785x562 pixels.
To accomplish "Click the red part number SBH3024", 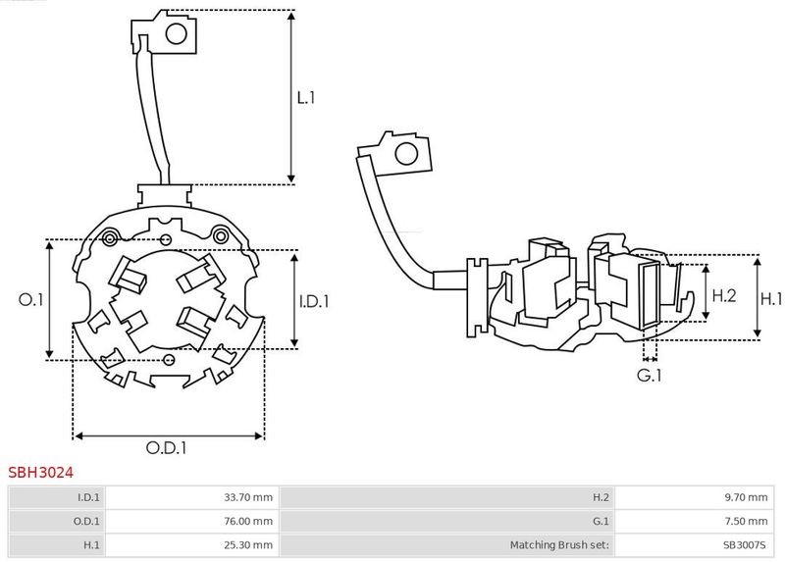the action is tap(40, 472).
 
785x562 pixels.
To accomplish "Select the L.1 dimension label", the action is tap(306, 97).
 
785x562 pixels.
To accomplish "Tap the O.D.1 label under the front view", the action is tap(166, 447).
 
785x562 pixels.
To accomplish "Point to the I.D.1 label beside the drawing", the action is tap(314, 301).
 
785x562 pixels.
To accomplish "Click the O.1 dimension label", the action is tap(31, 299).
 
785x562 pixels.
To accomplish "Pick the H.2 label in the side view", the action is tap(724, 295).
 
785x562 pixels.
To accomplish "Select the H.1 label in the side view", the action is tap(771, 299).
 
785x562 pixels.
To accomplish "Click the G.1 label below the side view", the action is tap(650, 375).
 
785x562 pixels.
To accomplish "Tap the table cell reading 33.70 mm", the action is tap(248, 497).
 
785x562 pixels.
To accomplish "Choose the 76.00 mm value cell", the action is tap(248, 521).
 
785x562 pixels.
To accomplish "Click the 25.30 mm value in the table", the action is tap(248, 544).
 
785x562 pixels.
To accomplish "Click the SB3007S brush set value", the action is tap(745, 544).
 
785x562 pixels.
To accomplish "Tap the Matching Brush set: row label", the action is tap(559, 544).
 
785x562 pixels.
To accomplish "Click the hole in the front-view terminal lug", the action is tap(177, 34).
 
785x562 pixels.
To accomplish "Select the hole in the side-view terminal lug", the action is tap(406, 154).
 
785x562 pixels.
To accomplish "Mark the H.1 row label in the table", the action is tap(91, 544).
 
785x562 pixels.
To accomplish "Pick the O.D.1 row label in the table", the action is tap(86, 521).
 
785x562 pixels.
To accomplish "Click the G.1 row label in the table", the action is tap(601, 521).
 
